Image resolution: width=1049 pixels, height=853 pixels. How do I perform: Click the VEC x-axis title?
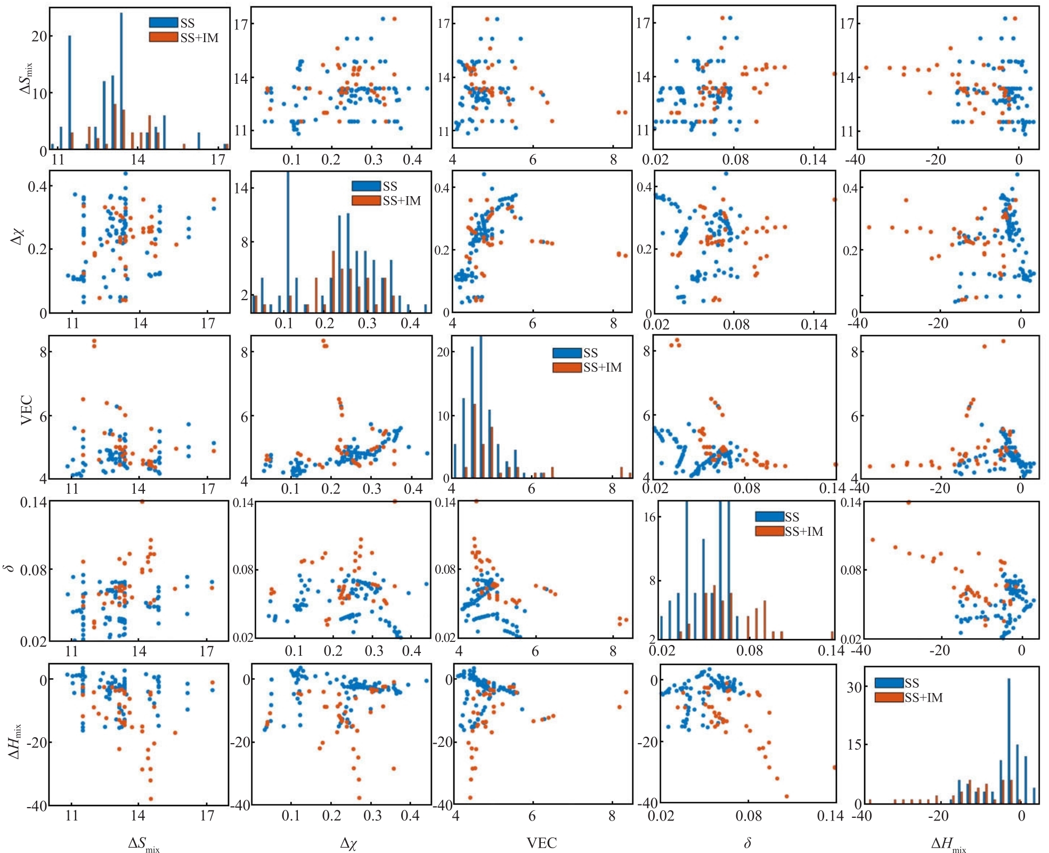click(541, 843)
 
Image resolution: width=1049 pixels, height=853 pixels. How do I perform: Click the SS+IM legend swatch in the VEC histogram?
click(566, 367)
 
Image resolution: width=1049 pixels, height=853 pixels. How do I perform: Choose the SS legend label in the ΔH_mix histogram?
click(912, 683)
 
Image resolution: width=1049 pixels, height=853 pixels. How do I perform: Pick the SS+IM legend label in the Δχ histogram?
click(402, 201)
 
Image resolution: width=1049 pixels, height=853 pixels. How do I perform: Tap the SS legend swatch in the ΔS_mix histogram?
click(163, 22)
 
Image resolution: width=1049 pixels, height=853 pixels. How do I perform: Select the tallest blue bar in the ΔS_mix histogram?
click(121, 80)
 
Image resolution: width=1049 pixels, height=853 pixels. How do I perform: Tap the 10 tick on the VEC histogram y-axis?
click(443, 416)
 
